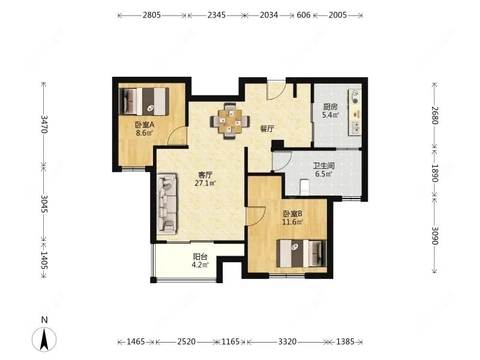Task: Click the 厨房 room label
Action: point(330,107)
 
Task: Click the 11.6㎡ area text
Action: point(292,221)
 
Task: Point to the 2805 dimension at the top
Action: point(152,16)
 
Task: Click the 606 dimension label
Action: point(304,16)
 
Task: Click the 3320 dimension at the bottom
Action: point(287,341)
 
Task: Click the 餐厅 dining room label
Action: point(267,128)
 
